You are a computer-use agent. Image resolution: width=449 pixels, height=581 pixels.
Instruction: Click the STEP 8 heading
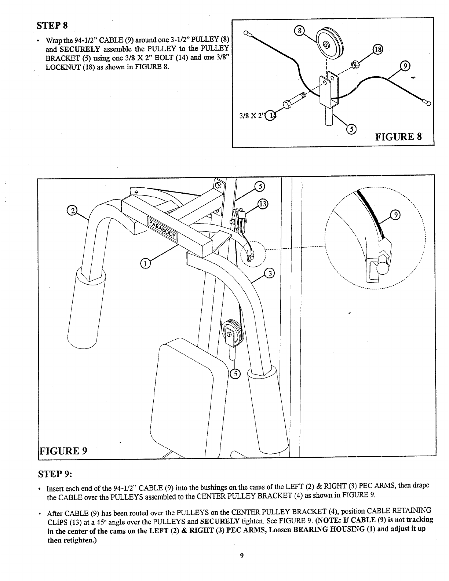coord(52,25)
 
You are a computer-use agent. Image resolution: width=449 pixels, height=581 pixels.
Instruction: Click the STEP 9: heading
coord(55,474)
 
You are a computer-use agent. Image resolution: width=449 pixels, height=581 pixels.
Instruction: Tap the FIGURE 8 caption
coord(398,136)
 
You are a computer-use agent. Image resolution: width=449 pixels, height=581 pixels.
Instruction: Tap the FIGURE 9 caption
coord(63,451)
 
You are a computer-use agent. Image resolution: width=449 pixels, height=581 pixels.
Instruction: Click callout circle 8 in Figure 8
coord(299,31)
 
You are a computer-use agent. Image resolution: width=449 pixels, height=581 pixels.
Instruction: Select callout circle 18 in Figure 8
coord(377,50)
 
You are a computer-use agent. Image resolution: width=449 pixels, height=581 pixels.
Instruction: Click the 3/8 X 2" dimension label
coord(251,116)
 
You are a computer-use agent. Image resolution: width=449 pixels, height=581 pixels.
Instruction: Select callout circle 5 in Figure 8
coord(351,129)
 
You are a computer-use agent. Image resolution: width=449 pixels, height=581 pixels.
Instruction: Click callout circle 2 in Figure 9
coord(72,211)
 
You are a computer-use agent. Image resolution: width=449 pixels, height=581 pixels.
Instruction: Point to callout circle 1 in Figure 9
coord(145,264)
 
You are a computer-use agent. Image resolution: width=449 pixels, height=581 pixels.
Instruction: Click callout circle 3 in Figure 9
coord(269,274)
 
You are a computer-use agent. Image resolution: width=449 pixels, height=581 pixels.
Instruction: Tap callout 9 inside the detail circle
coord(395,215)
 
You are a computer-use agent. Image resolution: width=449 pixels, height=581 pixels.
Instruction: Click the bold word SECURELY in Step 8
coord(80,49)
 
